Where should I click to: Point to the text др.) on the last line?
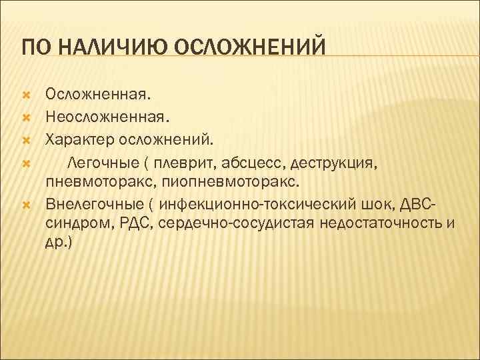tap(59, 243)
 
